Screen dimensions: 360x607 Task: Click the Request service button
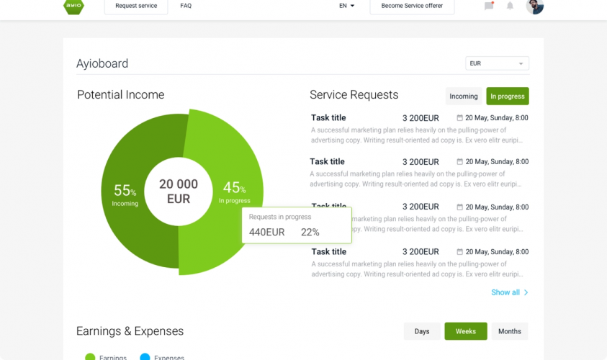click(136, 6)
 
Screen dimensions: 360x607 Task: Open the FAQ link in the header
click(186, 6)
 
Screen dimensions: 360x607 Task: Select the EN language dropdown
click(346, 6)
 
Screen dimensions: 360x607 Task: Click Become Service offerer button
click(412, 6)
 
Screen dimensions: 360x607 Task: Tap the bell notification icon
click(510, 6)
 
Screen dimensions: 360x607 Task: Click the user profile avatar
click(534, 6)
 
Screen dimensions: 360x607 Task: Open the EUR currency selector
click(497, 63)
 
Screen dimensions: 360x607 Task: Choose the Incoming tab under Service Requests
click(463, 96)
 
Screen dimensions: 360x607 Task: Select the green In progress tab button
click(507, 96)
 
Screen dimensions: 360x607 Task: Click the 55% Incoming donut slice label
click(125, 194)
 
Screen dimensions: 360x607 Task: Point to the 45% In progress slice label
click(234, 191)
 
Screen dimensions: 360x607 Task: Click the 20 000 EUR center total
click(179, 191)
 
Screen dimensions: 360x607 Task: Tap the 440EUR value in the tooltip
click(267, 232)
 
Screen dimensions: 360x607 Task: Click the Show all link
click(509, 292)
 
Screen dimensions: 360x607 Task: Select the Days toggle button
click(422, 331)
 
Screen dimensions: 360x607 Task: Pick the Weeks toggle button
click(466, 331)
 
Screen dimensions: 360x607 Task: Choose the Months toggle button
click(509, 331)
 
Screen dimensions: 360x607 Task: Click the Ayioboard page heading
click(102, 63)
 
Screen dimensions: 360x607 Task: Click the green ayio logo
click(73, 6)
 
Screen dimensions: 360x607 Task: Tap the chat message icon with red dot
click(489, 6)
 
